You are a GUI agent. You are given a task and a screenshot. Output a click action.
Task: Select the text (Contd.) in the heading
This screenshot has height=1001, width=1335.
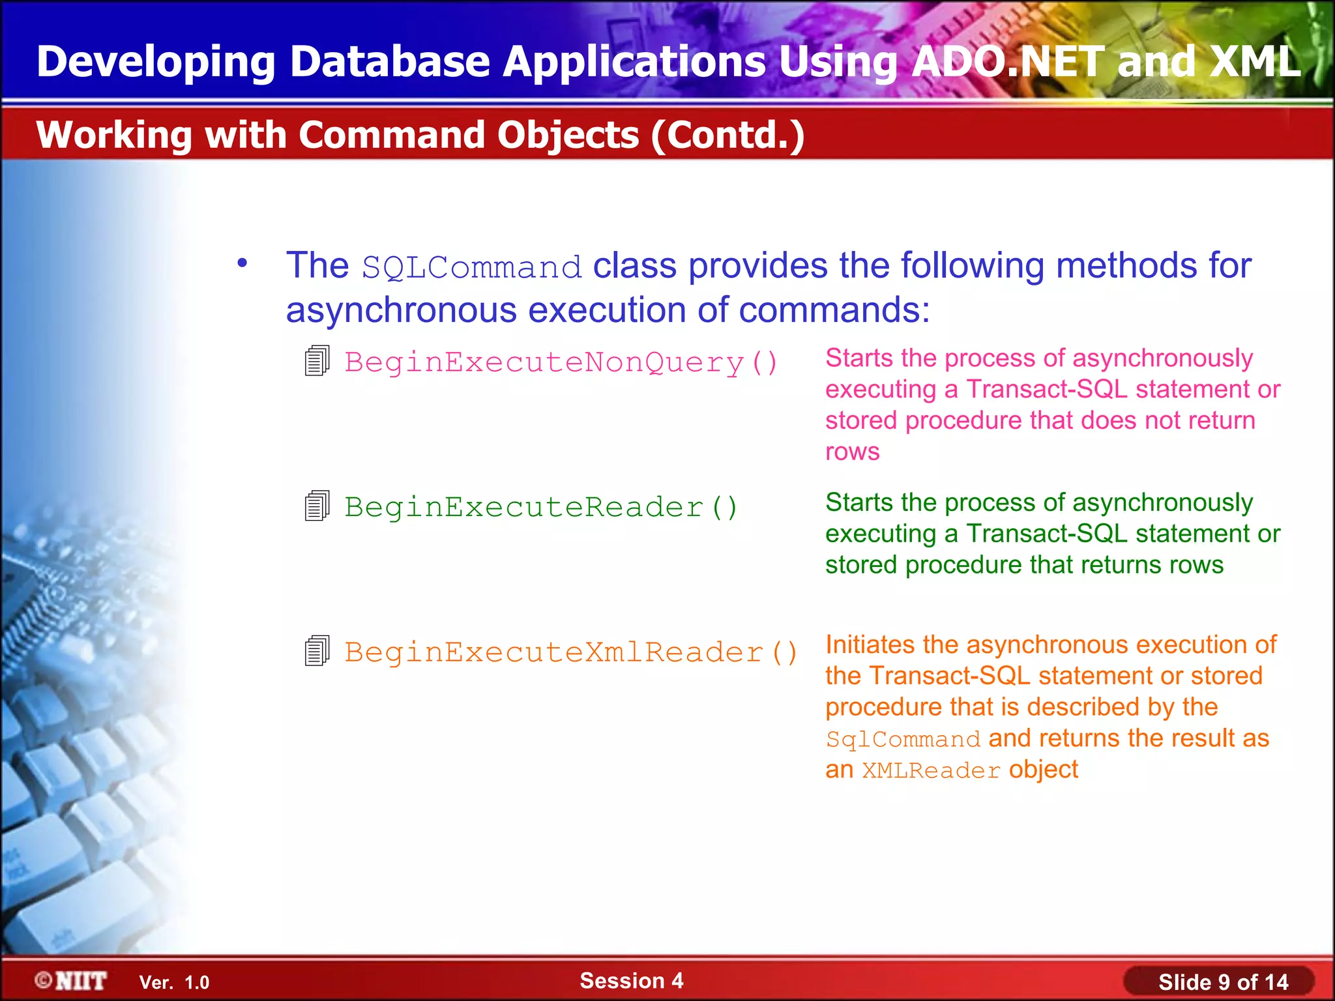click(727, 136)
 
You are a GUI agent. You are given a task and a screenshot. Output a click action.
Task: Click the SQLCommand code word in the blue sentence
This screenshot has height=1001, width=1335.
click(471, 268)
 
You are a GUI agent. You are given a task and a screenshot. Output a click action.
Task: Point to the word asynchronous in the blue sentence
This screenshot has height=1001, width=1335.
click(401, 310)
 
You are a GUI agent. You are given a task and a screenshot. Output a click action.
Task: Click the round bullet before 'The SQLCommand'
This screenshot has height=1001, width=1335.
click(242, 263)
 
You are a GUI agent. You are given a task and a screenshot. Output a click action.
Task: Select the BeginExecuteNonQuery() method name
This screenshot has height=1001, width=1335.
click(561, 362)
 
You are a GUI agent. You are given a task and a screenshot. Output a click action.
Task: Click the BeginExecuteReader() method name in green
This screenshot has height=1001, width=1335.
click(540, 507)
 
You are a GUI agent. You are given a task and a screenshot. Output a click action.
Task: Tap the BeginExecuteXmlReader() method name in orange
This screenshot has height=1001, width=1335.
click(570, 652)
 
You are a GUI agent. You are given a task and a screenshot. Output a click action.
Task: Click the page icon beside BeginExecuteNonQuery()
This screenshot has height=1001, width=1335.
click(317, 361)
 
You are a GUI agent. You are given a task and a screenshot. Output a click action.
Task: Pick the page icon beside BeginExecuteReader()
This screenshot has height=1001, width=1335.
click(317, 506)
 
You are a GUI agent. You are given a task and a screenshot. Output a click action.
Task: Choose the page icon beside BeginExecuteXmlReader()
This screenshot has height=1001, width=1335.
click(317, 651)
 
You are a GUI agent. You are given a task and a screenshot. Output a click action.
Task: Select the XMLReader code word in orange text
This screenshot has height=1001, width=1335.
click(931, 771)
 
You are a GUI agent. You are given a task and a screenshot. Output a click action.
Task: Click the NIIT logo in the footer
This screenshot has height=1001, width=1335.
click(71, 981)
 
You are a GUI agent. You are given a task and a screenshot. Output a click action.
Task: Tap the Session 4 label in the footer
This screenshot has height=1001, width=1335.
click(631, 981)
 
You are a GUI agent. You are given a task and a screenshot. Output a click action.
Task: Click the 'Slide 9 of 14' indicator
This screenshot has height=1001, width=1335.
click(1222, 982)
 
